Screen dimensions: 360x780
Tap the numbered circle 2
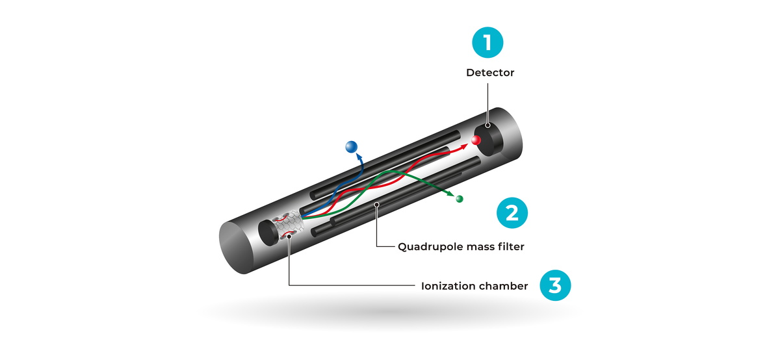coord(512,212)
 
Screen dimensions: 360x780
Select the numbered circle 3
coord(556,285)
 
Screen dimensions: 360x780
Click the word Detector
coord(490,73)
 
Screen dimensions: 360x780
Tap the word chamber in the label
coord(505,286)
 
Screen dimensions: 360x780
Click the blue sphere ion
coord(352,147)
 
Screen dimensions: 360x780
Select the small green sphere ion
coord(460,199)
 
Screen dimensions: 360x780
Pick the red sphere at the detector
coord(476,140)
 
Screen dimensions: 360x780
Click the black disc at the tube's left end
coord(267,231)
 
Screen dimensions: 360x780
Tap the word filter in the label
coord(509,247)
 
